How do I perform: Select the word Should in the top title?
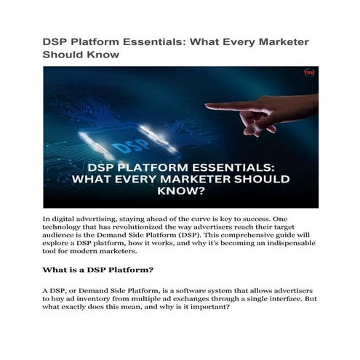(63, 55)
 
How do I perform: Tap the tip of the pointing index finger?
(208, 107)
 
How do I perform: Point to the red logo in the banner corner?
(308, 73)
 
